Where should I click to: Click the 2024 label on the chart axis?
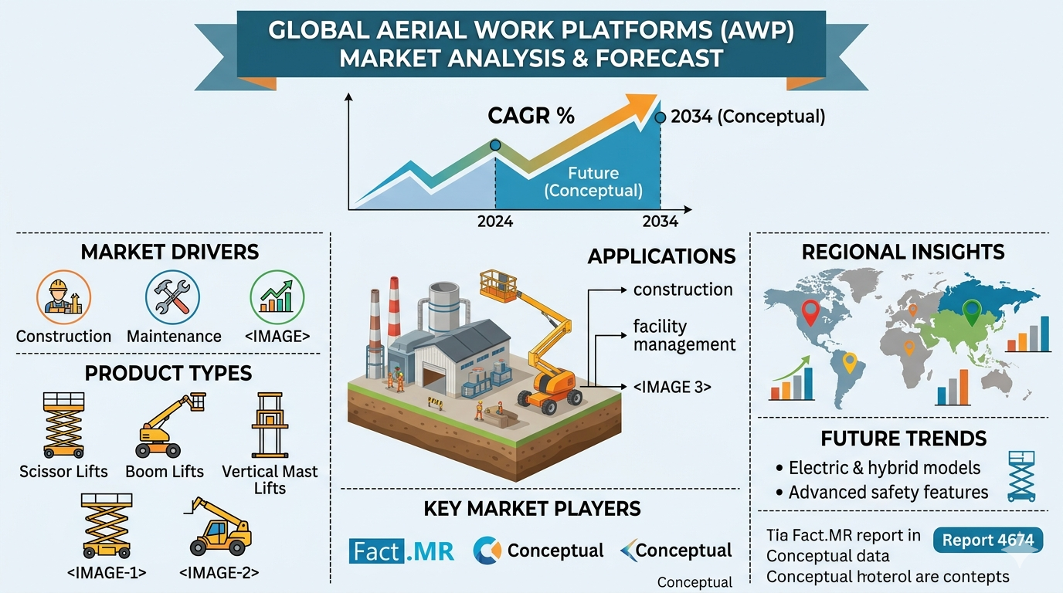point(495,222)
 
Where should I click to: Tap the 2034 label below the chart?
point(660,222)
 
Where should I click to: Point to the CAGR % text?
point(531,116)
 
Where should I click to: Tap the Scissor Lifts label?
point(63,471)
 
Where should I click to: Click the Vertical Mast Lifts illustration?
point(270,425)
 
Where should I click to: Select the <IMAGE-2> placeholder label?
point(219,572)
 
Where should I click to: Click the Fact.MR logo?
point(402,551)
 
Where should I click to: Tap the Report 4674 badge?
point(988,540)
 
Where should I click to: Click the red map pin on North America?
point(810,313)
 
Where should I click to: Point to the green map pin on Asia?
point(971,312)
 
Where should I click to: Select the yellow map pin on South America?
point(850,361)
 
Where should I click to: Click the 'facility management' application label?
point(684,335)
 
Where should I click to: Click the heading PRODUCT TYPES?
point(168,374)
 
